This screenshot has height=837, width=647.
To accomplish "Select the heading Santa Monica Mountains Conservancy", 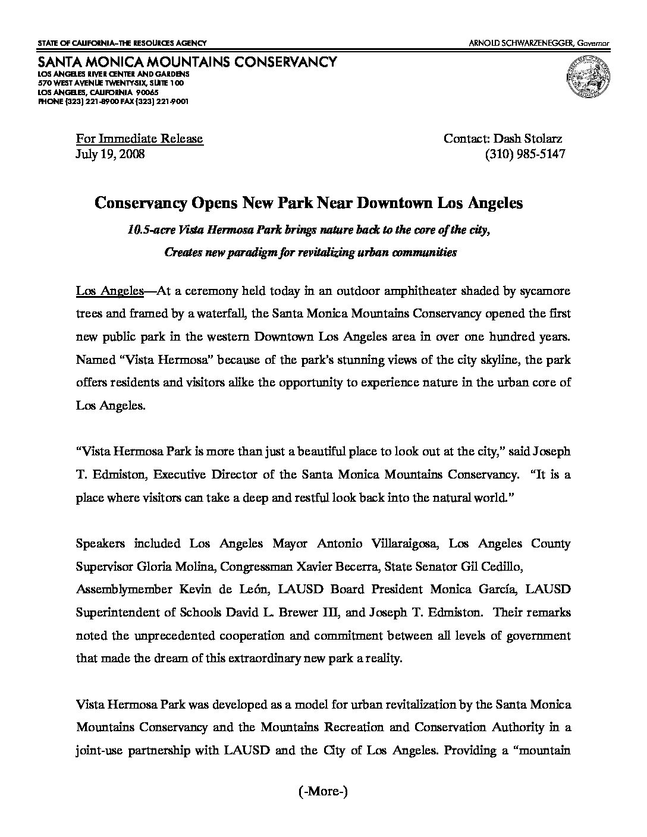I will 187,62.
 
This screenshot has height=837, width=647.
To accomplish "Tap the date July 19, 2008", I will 110,154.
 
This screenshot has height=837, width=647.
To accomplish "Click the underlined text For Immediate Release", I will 139,139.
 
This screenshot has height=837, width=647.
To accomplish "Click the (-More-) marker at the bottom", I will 323,791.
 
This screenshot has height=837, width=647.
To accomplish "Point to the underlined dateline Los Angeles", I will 110,291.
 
